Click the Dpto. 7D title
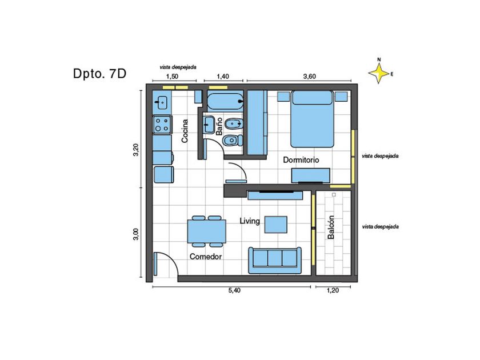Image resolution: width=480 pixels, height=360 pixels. pyautogui.click(x=99, y=74)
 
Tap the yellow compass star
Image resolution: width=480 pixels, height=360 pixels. pyautogui.click(x=379, y=74)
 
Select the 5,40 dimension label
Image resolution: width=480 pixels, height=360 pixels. pyautogui.click(x=234, y=290)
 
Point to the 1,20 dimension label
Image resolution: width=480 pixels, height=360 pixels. pyautogui.click(x=333, y=290)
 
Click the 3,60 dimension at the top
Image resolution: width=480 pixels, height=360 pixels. pyautogui.click(x=310, y=77)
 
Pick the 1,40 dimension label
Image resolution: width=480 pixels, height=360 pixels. pyautogui.click(x=222, y=77)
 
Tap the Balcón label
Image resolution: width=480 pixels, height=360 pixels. pyautogui.click(x=331, y=227)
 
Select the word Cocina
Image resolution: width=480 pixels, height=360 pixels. pyautogui.click(x=185, y=131)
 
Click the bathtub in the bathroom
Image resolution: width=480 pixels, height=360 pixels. pyautogui.click(x=225, y=102)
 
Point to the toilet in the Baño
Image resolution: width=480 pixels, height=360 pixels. pyautogui.click(x=233, y=141)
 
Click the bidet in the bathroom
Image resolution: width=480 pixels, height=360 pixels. pyautogui.click(x=234, y=125)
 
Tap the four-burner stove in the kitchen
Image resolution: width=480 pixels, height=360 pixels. pyautogui.click(x=162, y=125)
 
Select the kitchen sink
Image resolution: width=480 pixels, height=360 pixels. pyautogui.click(x=161, y=102)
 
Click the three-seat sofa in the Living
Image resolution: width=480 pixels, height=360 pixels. pyautogui.click(x=275, y=261)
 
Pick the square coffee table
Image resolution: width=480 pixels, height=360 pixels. pyautogui.click(x=276, y=225)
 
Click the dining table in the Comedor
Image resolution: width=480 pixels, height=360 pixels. pyautogui.click(x=207, y=231)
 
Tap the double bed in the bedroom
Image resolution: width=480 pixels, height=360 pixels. pyautogui.click(x=312, y=119)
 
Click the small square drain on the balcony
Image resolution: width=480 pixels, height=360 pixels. pyautogui.click(x=334, y=195)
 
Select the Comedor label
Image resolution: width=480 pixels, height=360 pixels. pyautogui.click(x=206, y=257)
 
